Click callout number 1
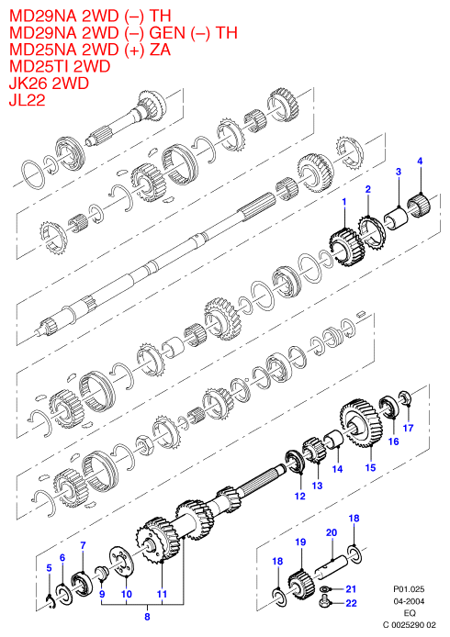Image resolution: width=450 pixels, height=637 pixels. [x=344, y=202]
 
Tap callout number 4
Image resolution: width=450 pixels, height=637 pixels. [x=420, y=161]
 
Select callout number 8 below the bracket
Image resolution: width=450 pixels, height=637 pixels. [x=147, y=616]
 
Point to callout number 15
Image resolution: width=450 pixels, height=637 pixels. [x=370, y=467]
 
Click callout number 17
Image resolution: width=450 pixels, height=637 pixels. [x=408, y=428]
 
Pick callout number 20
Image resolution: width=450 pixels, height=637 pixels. [x=332, y=532]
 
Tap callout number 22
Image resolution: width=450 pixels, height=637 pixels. [x=351, y=603]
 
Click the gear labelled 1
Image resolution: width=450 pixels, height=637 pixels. [x=346, y=249]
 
